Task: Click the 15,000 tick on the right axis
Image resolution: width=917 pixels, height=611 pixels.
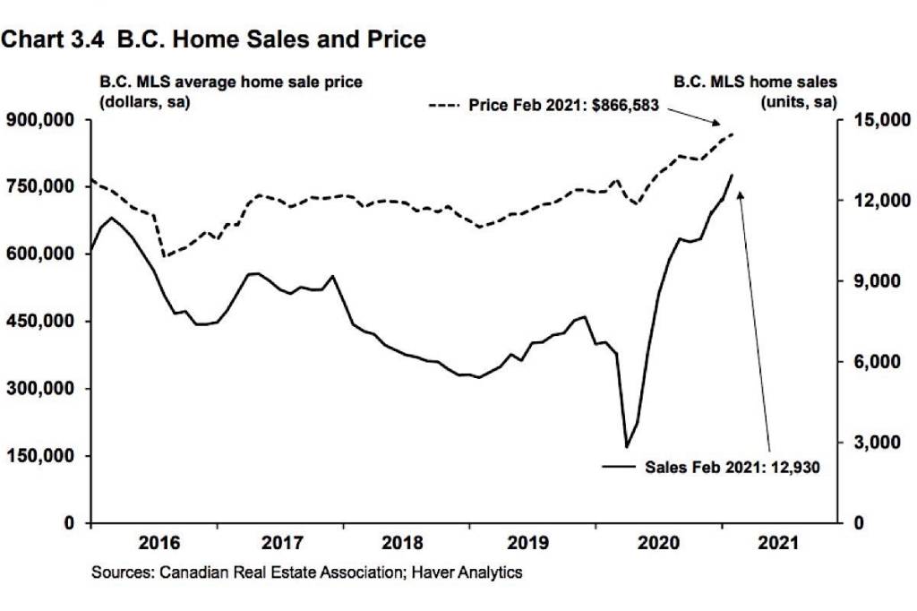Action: (870, 119)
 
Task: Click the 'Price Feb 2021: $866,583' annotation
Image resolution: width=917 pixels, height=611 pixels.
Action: (564, 105)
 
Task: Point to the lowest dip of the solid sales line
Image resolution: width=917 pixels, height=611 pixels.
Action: (627, 446)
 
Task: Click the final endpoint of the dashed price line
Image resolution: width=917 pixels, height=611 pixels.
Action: (733, 133)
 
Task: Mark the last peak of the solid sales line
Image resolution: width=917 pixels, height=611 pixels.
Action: (733, 175)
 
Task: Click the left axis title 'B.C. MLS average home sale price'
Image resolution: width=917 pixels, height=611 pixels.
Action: (231, 82)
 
